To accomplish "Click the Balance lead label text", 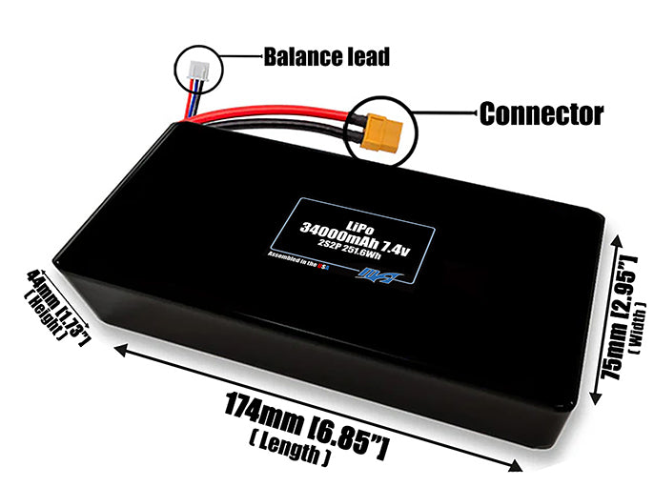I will tap(326, 57).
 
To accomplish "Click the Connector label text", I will tap(541, 114).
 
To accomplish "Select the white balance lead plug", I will tap(196, 68).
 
